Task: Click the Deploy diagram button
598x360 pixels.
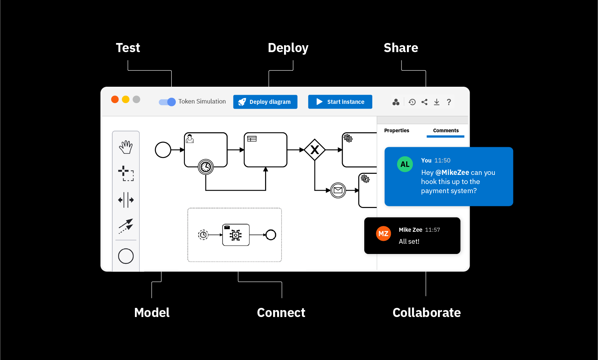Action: click(265, 102)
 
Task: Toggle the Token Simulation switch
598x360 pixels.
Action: click(167, 102)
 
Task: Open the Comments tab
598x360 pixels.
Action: click(446, 130)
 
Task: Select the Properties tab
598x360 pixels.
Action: click(396, 130)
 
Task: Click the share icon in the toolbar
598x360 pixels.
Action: click(424, 102)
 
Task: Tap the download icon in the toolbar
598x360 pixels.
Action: click(436, 102)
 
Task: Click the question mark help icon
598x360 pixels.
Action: click(449, 102)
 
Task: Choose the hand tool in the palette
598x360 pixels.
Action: click(126, 147)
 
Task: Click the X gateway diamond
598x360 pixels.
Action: click(315, 150)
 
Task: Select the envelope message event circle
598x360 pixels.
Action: click(338, 190)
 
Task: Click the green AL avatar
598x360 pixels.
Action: click(405, 164)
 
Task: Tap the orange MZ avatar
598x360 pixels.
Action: click(383, 234)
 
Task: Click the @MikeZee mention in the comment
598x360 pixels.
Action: click(452, 172)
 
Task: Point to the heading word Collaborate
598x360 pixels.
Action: click(427, 313)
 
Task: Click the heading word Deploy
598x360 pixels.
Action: click(288, 48)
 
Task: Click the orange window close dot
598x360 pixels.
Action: click(115, 99)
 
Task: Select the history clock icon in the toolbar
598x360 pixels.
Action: click(412, 102)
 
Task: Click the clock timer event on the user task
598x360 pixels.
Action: click(206, 167)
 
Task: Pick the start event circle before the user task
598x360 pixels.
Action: click(163, 150)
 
